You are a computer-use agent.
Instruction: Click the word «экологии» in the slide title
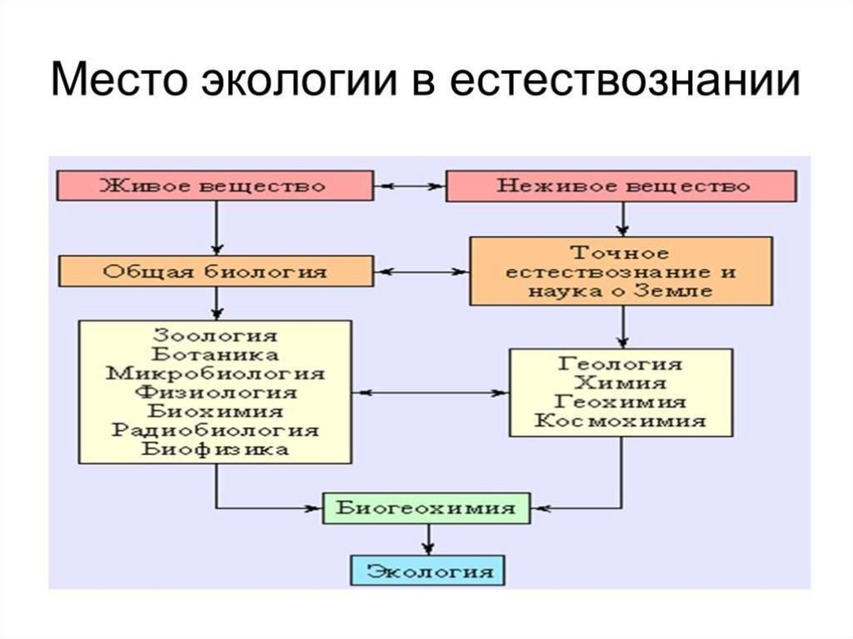[x=299, y=80]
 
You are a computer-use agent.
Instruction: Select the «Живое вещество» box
[x=216, y=186]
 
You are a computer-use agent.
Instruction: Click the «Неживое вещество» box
[x=621, y=186]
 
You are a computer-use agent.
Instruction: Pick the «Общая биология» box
[x=216, y=271]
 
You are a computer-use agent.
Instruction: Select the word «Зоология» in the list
[x=215, y=335]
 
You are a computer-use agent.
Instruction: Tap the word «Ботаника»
[x=215, y=354]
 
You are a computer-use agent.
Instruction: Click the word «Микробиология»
[x=216, y=373]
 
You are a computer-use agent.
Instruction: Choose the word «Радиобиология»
[x=216, y=430]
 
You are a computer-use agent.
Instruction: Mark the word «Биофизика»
[x=216, y=449]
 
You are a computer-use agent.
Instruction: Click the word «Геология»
[x=620, y=363]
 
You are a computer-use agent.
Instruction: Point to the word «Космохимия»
[x=620, y=421]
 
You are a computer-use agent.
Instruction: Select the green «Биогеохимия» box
[x=426, y=508]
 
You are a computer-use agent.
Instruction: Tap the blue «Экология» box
[x=427, y=571]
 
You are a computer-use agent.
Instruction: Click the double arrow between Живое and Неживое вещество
[x=410, y=186]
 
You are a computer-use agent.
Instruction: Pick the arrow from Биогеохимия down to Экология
[x=429, y=539]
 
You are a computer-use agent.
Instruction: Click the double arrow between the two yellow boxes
[x=431, y=392]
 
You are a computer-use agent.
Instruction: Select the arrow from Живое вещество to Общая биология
[x=217, y=228]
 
